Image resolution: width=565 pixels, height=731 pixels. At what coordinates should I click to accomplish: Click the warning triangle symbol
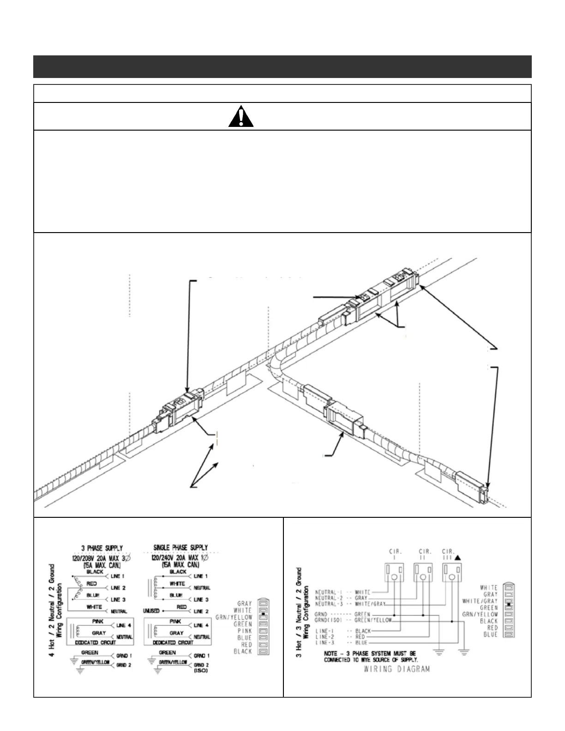click(241, 116)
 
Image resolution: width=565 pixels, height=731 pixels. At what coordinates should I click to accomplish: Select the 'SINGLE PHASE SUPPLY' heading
click(180, 548)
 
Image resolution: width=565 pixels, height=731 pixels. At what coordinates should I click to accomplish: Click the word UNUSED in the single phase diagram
click(151, 611)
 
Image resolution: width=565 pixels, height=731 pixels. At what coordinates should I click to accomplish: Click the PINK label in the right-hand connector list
click(244, 631)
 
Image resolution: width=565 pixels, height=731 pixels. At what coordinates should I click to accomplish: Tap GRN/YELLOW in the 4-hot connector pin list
click(234, 617)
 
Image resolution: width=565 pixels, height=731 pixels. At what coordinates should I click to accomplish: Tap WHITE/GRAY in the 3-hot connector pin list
click(480, 601)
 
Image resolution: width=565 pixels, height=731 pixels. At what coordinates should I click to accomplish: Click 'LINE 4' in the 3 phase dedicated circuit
click(121, 625)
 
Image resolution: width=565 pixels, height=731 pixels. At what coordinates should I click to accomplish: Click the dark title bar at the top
click(282, 66)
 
